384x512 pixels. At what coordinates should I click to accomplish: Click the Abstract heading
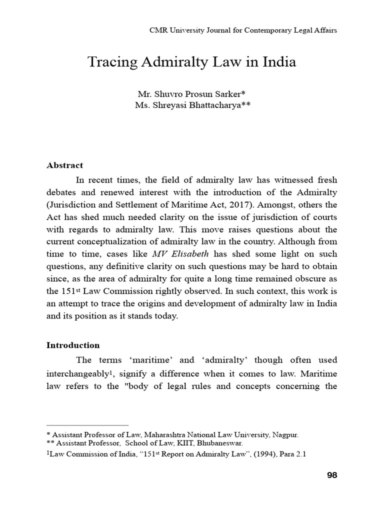(x=64, y=165)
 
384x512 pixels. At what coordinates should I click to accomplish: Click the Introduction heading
(x=73, y=345)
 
